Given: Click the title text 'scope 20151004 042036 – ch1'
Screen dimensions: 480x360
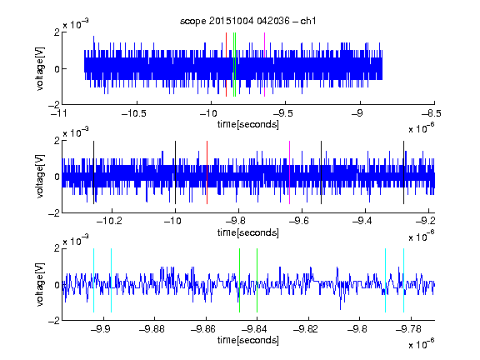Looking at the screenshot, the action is tap(247, 21).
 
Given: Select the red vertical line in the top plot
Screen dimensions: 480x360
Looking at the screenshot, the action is tap(226, 65).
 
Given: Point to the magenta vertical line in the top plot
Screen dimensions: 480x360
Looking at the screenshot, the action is tap(264, 65).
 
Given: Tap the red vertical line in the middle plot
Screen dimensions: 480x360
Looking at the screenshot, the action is tap(207, 172).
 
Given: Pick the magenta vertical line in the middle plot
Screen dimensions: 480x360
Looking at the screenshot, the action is tap(290, 172).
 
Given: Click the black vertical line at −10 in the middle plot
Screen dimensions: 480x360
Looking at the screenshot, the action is tap(175, 172).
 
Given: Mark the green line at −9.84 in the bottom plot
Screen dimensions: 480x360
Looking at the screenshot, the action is tap(257, 280).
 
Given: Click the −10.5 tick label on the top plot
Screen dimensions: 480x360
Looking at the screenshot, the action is tap(134, 113).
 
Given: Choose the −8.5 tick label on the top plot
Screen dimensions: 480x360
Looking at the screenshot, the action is tap(431, 113).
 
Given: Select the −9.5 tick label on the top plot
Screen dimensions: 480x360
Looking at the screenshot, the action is tap(282, 113).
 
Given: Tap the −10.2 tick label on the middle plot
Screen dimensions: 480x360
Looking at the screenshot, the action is tap(109, 221).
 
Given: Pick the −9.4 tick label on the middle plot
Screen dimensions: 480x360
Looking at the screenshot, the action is tap(362, 221).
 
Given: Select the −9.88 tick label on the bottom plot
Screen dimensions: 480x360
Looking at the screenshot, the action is tap(152, 329).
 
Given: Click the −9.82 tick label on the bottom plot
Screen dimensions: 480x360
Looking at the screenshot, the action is tap(306, 329).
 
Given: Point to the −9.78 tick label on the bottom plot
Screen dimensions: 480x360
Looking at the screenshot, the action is tap(408, 329).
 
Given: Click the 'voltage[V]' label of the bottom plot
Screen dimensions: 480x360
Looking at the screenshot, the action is tap(40, 284).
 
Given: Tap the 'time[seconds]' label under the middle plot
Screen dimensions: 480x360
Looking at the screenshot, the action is tap(248, 232).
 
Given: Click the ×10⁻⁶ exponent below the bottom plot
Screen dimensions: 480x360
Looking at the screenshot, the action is tap(421, 344).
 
